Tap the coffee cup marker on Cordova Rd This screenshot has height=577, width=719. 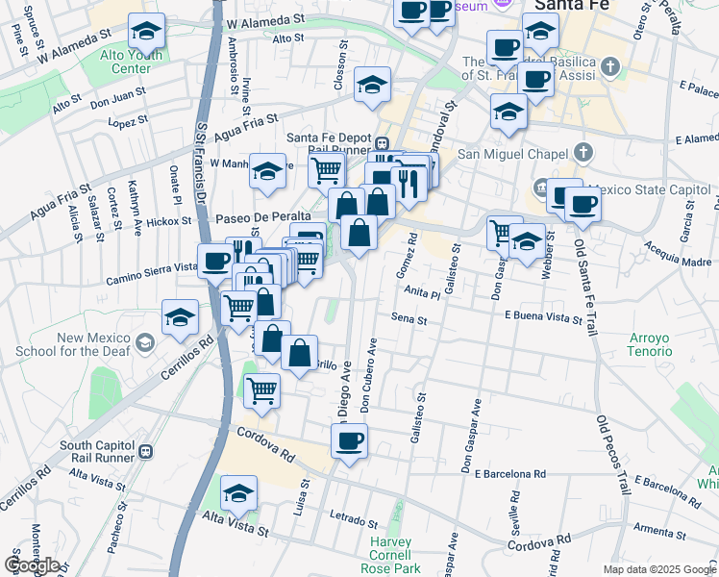coord(349,441)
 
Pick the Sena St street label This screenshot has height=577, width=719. coord(409,317)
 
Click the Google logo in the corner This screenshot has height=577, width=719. coord(32,564)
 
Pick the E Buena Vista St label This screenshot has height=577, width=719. coord(544,315)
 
